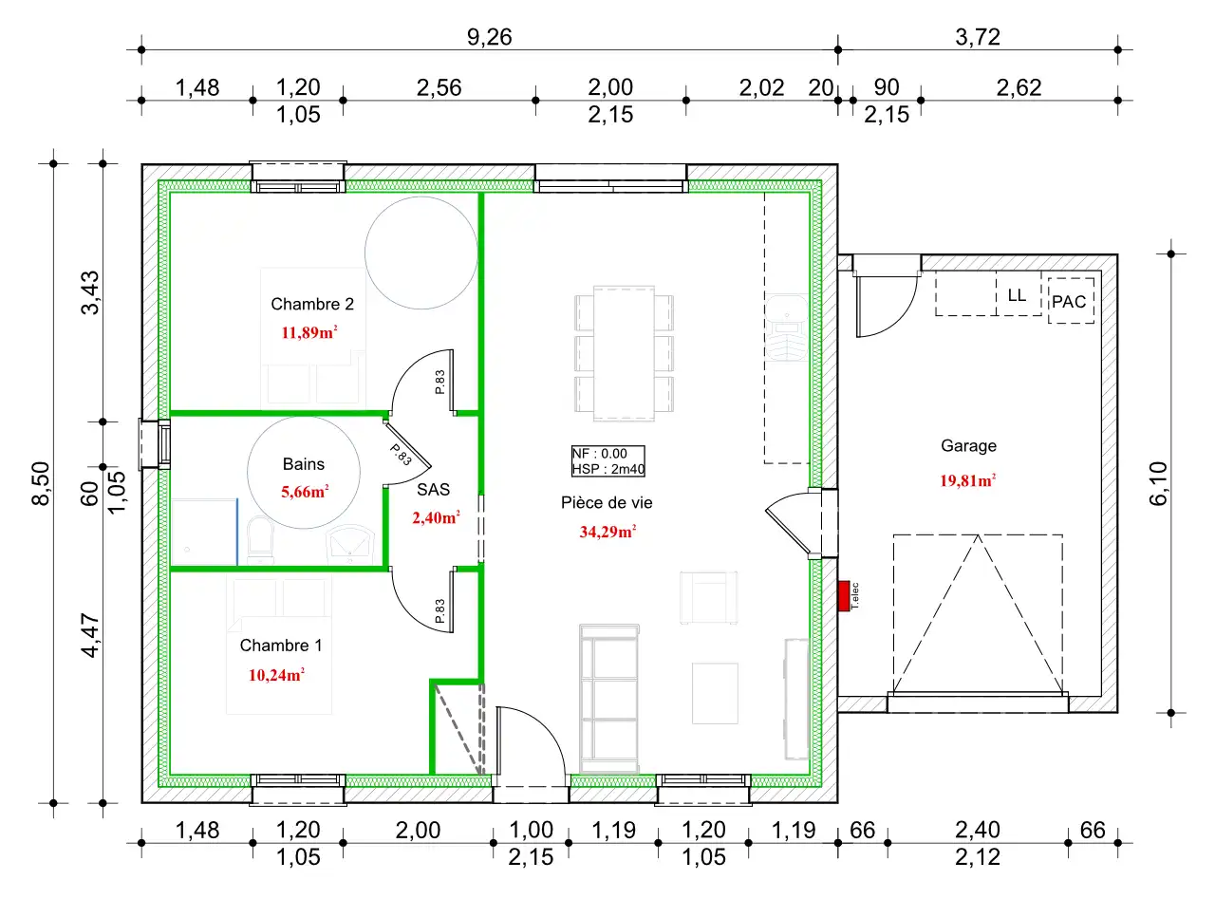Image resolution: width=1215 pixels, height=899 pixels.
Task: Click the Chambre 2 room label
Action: point(311,304)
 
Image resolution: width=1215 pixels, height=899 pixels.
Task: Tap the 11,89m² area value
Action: point(308,332)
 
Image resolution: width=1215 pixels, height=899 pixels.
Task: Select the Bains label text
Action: point(304,464)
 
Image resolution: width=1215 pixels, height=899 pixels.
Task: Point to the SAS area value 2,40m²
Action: point(436,517)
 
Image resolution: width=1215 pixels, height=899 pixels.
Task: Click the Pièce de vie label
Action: point(607,503)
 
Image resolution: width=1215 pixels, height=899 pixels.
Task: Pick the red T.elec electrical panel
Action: point(844,596)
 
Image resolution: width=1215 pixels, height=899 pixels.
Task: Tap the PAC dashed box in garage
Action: point(1071,301)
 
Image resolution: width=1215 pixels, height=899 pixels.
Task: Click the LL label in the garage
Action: point(1017,295)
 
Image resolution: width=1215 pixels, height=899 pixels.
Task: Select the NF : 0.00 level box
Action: point(608,461)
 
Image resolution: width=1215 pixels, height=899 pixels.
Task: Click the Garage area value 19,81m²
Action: point(968,481)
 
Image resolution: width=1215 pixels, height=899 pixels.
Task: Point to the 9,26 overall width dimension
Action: point(489,37)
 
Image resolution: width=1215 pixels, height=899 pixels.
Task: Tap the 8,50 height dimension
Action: point(42,483)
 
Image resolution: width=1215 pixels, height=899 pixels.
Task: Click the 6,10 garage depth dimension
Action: point(1159,483)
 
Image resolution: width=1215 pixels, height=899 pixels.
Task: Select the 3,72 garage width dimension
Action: point(978,37)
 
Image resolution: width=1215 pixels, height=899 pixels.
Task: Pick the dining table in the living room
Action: point(624,353)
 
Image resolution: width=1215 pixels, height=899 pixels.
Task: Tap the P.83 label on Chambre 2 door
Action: point(439,382)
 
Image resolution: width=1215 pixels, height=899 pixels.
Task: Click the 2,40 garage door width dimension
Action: point(978,831)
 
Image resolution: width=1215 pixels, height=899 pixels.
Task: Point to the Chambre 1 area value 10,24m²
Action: point(276,675)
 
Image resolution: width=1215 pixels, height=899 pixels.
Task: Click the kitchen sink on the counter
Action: point(787,328)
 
